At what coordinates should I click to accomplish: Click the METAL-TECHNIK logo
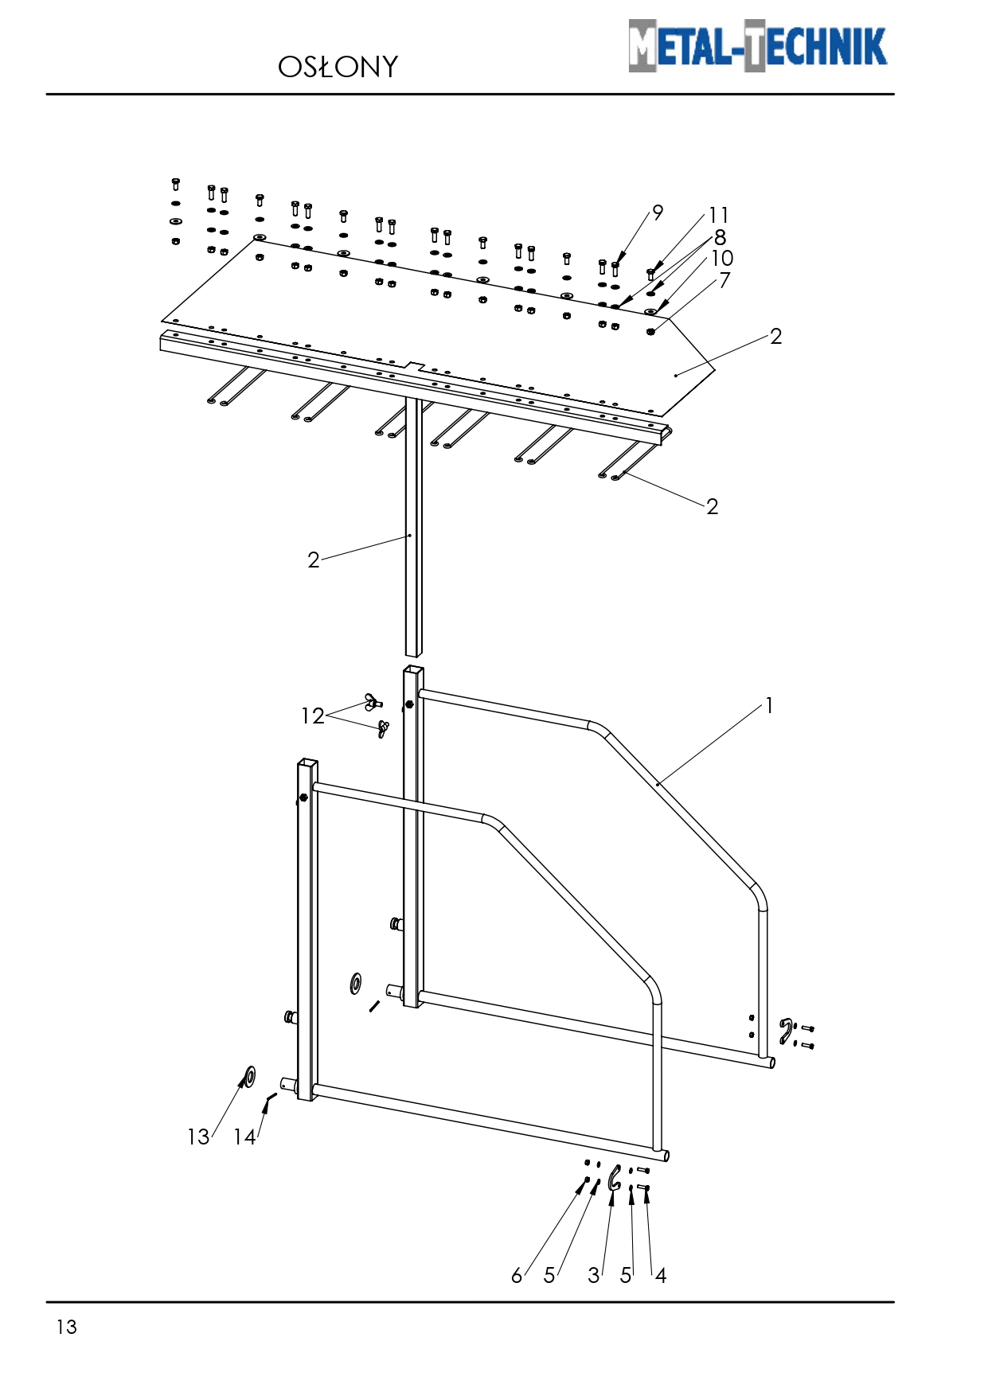pyautogui.click(x=757, y=45)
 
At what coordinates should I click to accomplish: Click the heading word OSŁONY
pyautogui.click(x=338, y=68)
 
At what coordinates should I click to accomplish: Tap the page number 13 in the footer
pyautogui.click(x=67, y=1327)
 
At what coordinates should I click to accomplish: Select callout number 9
pyautogui.click(x=658, y=213)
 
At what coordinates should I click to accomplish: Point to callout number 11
pyautogui.click(x=719, y=216)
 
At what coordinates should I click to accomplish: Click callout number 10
pyautogui.click(x=722, y=259)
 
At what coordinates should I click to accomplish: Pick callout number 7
pyautogui.click(x=724, y=280)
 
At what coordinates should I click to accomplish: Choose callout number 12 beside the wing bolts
pyautogui.click(x=313, y=716)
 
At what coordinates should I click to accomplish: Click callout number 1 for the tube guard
pyautogui.click(x=769, y=706)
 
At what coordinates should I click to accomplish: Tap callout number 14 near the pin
pyautogui.click(x=244, y=1137)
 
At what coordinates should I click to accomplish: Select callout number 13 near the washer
pyautogui.click(x=198, y=1137)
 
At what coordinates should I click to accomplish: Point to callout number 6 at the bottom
pyautogui.click(x=517, y=1276)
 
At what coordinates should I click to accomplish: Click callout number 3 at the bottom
pyautogui.click(x=593, y=1276)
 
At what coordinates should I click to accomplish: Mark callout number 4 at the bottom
pyautogui.click(x=661, y=1276)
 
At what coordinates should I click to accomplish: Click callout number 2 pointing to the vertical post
pyautogui.click(x=314, y=560)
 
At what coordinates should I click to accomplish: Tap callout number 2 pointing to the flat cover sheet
pyautogui.click(x=776, y=337)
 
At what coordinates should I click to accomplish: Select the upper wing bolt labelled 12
pyautogui.click(x=373, y=702)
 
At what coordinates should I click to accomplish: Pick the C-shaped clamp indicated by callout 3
pyautogui.click(x=614, y=1178)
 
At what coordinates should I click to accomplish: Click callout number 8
pyautogui.click(x=720, y=237)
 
